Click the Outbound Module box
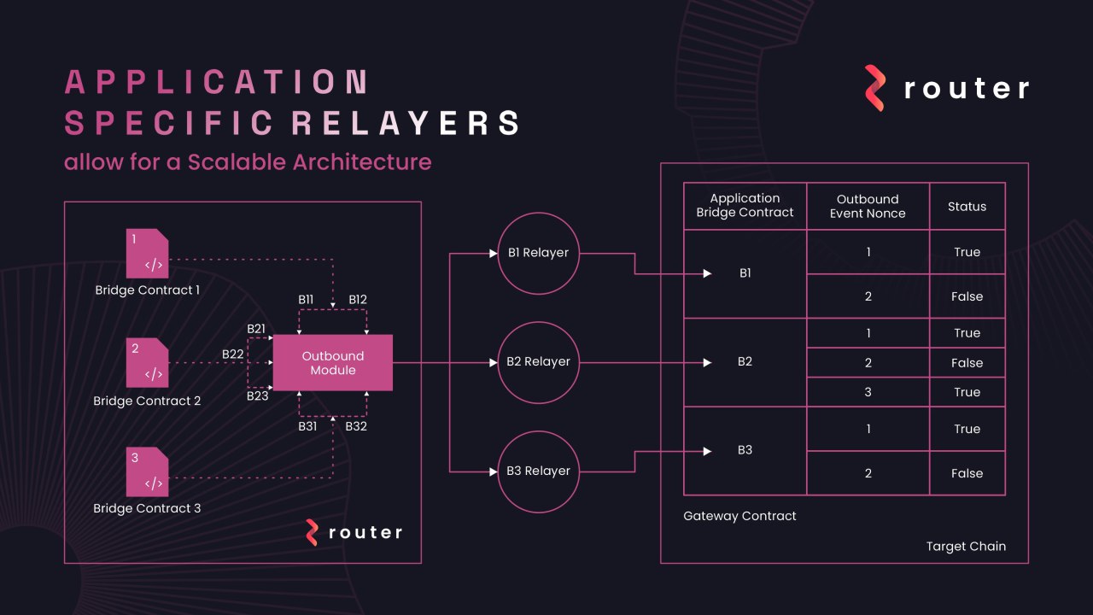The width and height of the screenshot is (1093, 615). coord(332,362)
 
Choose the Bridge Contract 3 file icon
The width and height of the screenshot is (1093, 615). coord(147,471)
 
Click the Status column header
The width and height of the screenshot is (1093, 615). coord(967,206)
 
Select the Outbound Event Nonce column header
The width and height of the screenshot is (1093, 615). coord(868,206)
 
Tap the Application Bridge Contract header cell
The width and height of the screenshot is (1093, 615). coord(745,206)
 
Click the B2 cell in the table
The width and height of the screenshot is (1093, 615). coord(745,362)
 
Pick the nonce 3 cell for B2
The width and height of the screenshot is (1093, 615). coord(868,392)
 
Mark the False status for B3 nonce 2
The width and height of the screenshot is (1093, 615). coord(967,473)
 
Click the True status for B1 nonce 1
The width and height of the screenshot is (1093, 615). coord(967,252)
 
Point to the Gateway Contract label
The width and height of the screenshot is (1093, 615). coord(739,516)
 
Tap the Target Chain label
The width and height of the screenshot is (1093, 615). coord(966,546)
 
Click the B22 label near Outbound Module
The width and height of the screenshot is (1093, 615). coord(232,354)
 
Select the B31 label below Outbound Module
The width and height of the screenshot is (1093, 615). coord(308,425)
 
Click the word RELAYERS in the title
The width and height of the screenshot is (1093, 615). coord(406,123)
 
